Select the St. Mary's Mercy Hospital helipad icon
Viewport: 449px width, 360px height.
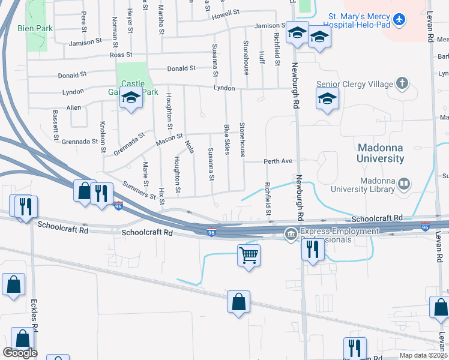click(397, 20)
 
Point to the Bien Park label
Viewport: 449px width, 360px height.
click(35, 28)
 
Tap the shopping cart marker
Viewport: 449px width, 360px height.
click(249, 256)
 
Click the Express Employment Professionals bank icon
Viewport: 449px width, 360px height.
click(291, 232)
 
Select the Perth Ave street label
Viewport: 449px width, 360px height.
click(278, 161)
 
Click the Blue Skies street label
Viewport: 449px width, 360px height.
click(227, 139)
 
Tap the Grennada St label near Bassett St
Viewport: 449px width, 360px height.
click(80, 142)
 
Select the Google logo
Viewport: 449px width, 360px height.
click(20, 353)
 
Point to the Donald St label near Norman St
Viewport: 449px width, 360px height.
click(72, 76)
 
